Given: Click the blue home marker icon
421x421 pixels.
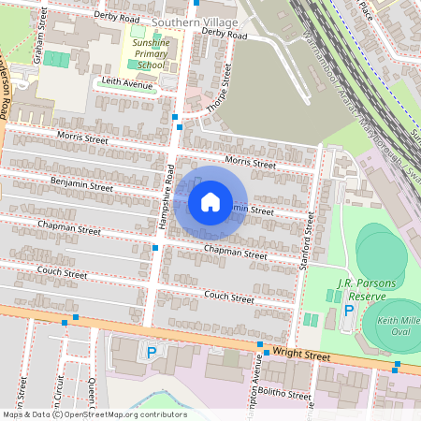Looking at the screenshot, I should tap(210, 202).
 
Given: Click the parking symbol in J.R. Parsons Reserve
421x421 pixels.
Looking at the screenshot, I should tap(350, 310).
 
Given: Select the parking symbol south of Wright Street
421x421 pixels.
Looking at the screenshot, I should tap(152, 352).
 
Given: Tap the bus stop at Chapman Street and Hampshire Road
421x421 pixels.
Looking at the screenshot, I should tap(155, 247).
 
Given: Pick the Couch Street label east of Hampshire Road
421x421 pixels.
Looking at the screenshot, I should tap(229, 298).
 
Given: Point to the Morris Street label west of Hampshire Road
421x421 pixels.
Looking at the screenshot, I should tap(83, 138).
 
